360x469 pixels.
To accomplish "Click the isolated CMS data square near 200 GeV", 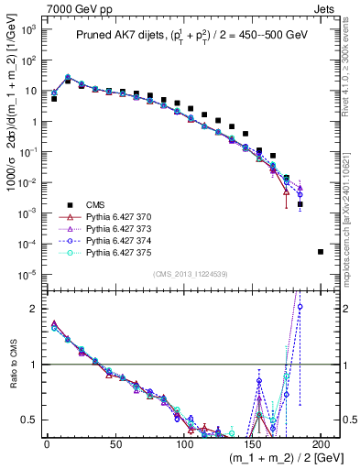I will coord(320,251).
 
